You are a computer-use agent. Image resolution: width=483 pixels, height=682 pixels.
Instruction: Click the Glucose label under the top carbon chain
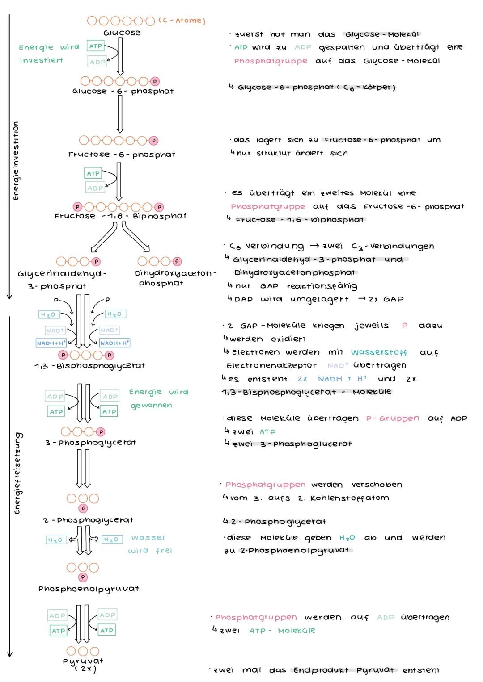[x=122, y=33]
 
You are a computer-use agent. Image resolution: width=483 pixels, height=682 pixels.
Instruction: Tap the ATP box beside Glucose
[x=95, y=46]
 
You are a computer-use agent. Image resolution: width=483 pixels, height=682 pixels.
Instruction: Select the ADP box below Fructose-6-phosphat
[x=95, y=188]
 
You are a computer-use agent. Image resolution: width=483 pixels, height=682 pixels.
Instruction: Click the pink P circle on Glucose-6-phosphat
[x=155, y=81]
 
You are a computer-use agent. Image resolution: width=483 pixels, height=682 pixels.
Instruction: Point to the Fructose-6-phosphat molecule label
[x=122, y=155]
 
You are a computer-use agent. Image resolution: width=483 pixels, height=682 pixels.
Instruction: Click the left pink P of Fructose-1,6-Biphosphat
[x=78, y=207]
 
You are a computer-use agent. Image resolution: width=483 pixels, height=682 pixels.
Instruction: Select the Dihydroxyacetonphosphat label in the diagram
[x=175, y=278]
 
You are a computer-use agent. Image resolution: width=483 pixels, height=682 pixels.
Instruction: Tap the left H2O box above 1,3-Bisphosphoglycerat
[x=48, y=315]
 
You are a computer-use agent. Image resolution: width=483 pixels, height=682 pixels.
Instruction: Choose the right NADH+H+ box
[x=114, y=343]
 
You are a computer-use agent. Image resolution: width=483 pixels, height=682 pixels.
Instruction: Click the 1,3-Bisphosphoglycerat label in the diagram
[x=89, y=365]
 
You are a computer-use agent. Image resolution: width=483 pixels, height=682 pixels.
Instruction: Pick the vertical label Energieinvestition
[x=16, y=161]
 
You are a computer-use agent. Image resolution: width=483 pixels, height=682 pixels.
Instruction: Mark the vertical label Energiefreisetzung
[x=17, y=473]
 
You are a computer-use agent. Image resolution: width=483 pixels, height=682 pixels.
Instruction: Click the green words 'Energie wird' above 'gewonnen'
[x=158, y=392]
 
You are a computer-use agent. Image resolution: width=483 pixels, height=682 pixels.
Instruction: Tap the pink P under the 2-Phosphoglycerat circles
[x=83, y=508]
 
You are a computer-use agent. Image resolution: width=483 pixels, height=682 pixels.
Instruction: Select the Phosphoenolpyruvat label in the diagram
[x=89, y=589]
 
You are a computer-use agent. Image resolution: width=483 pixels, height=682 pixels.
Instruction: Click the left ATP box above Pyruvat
[x=58, y=631]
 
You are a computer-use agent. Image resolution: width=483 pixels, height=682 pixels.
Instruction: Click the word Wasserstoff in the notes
[x=379, y=352]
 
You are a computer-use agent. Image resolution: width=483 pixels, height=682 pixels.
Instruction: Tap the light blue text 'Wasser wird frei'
[x=150, y=544]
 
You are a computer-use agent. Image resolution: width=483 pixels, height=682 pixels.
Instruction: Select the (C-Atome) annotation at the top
[x=182, y=21]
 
